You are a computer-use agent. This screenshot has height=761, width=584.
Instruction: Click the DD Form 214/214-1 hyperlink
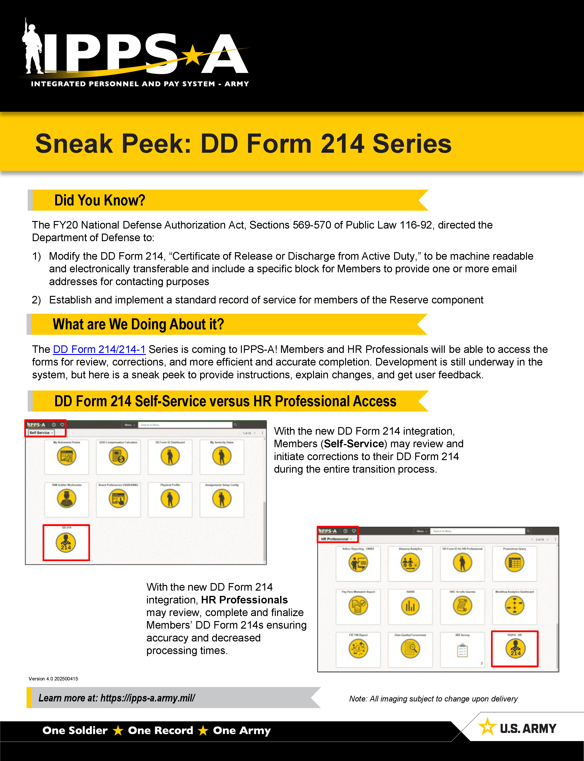click(x=99, y=349)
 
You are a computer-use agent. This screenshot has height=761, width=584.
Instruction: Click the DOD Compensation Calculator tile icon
click(x=118, y=456)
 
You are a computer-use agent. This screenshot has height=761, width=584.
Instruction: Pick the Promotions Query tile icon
click(x=514, y=562)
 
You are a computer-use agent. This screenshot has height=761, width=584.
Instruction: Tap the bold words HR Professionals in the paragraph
click(x=244, y=600)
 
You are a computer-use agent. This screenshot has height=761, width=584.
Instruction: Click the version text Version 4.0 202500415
click(x=53, y=679)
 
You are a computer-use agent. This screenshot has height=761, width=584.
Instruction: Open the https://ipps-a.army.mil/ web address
click(x=147, y=698)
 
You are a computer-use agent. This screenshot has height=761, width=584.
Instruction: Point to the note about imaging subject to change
click(x=433, y=699)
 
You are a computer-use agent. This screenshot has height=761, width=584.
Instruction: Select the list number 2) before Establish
click(x=36, y=300)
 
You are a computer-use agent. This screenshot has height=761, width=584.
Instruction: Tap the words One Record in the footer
click(x=160, y=730)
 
